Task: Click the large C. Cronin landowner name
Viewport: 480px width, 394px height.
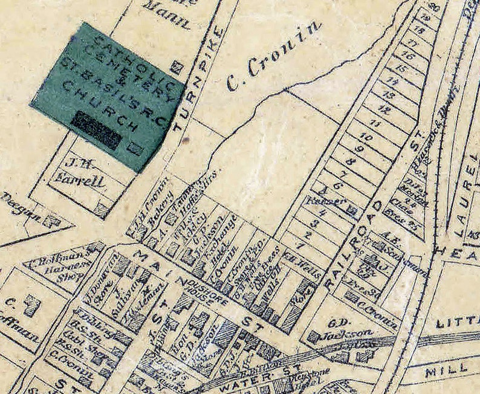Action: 274,56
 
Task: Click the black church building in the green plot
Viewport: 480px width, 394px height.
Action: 97,129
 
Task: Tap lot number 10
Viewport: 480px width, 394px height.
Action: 364,138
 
